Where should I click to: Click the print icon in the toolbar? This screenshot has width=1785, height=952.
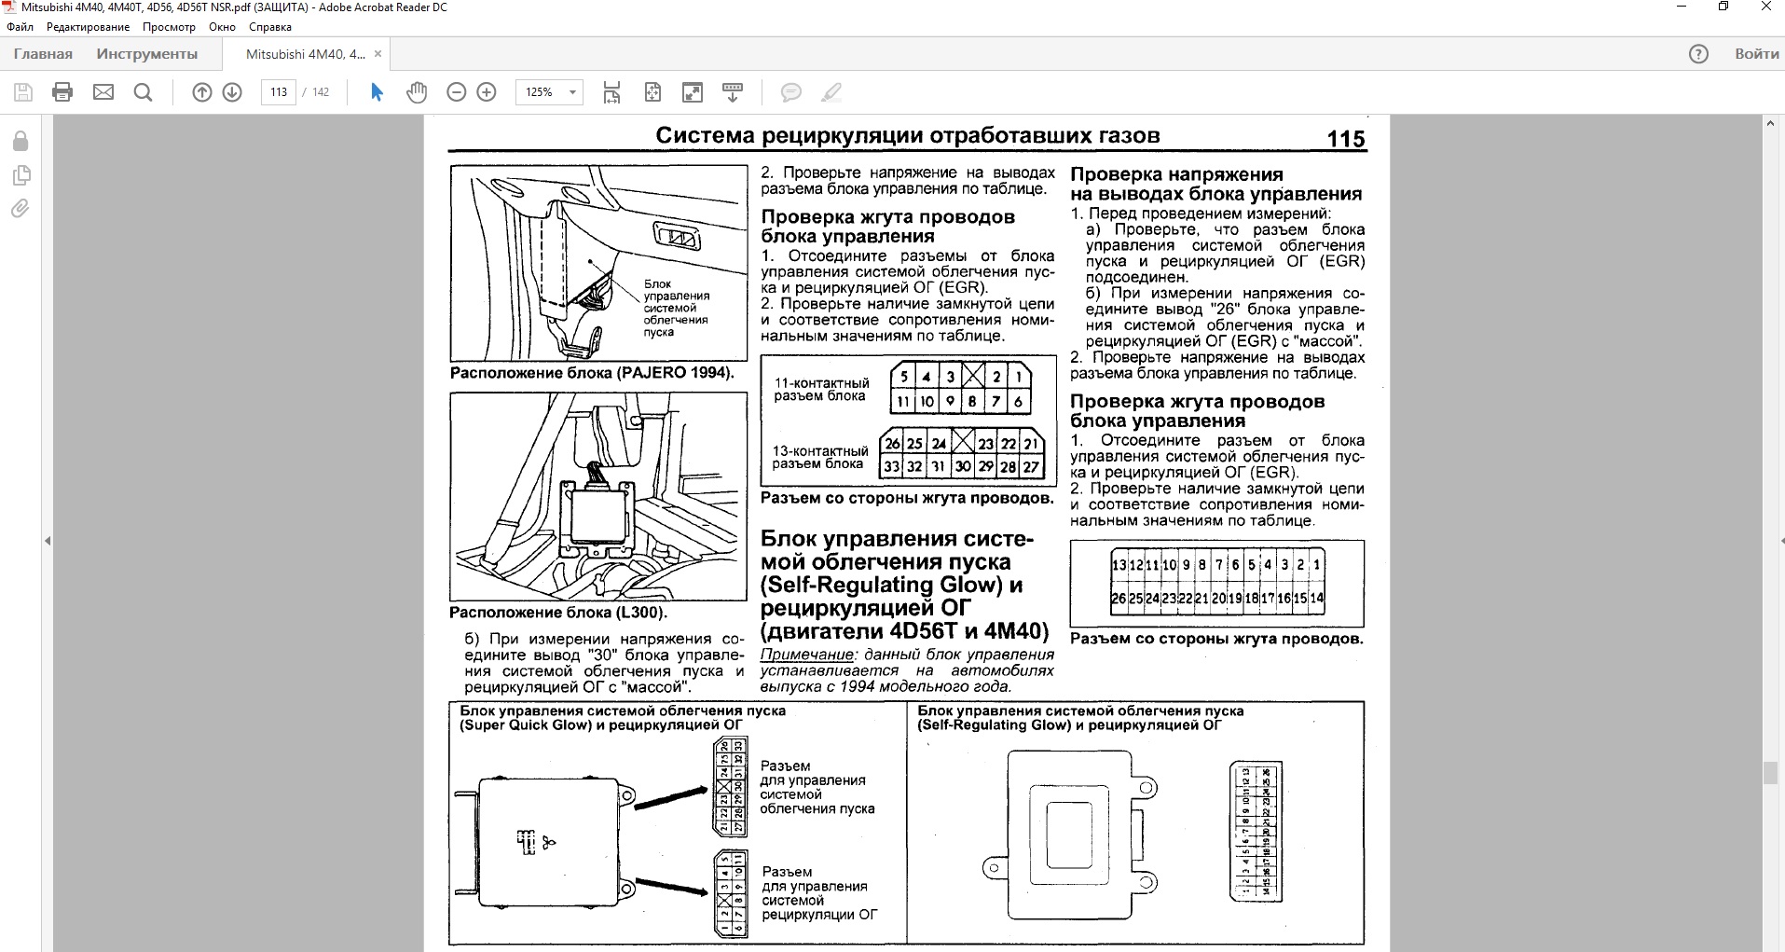coord(62,92)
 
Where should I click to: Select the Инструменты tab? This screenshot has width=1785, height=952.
coord(146,54)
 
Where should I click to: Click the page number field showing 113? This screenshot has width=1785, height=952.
coord(279,92)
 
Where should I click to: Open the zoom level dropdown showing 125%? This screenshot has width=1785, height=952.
coord(549,92)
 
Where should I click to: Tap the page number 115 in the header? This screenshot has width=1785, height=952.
coord(1345,139)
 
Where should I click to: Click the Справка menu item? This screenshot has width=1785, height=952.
coord(270,27)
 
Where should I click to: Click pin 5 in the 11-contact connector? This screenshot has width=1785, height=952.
coord(904,377)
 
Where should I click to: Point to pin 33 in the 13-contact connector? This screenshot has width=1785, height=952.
coord(892,466)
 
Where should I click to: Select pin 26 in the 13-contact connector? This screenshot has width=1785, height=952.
coord(892,444)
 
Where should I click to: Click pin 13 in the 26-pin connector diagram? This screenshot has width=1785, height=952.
coord(1119,565)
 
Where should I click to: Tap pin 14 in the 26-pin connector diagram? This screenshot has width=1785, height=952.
coord(1317,599)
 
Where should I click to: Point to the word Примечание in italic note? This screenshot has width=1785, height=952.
coord(806,655)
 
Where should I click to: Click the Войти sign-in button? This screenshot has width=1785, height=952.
coord(1756,54)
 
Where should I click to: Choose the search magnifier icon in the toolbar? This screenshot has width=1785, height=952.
coord(143,92)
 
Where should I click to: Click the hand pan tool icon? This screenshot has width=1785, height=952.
coord(417,92)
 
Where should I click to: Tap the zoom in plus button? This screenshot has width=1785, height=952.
coord(487,92)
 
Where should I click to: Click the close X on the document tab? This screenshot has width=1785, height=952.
coord(378,54)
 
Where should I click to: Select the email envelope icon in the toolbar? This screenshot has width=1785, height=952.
coord(103,92)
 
